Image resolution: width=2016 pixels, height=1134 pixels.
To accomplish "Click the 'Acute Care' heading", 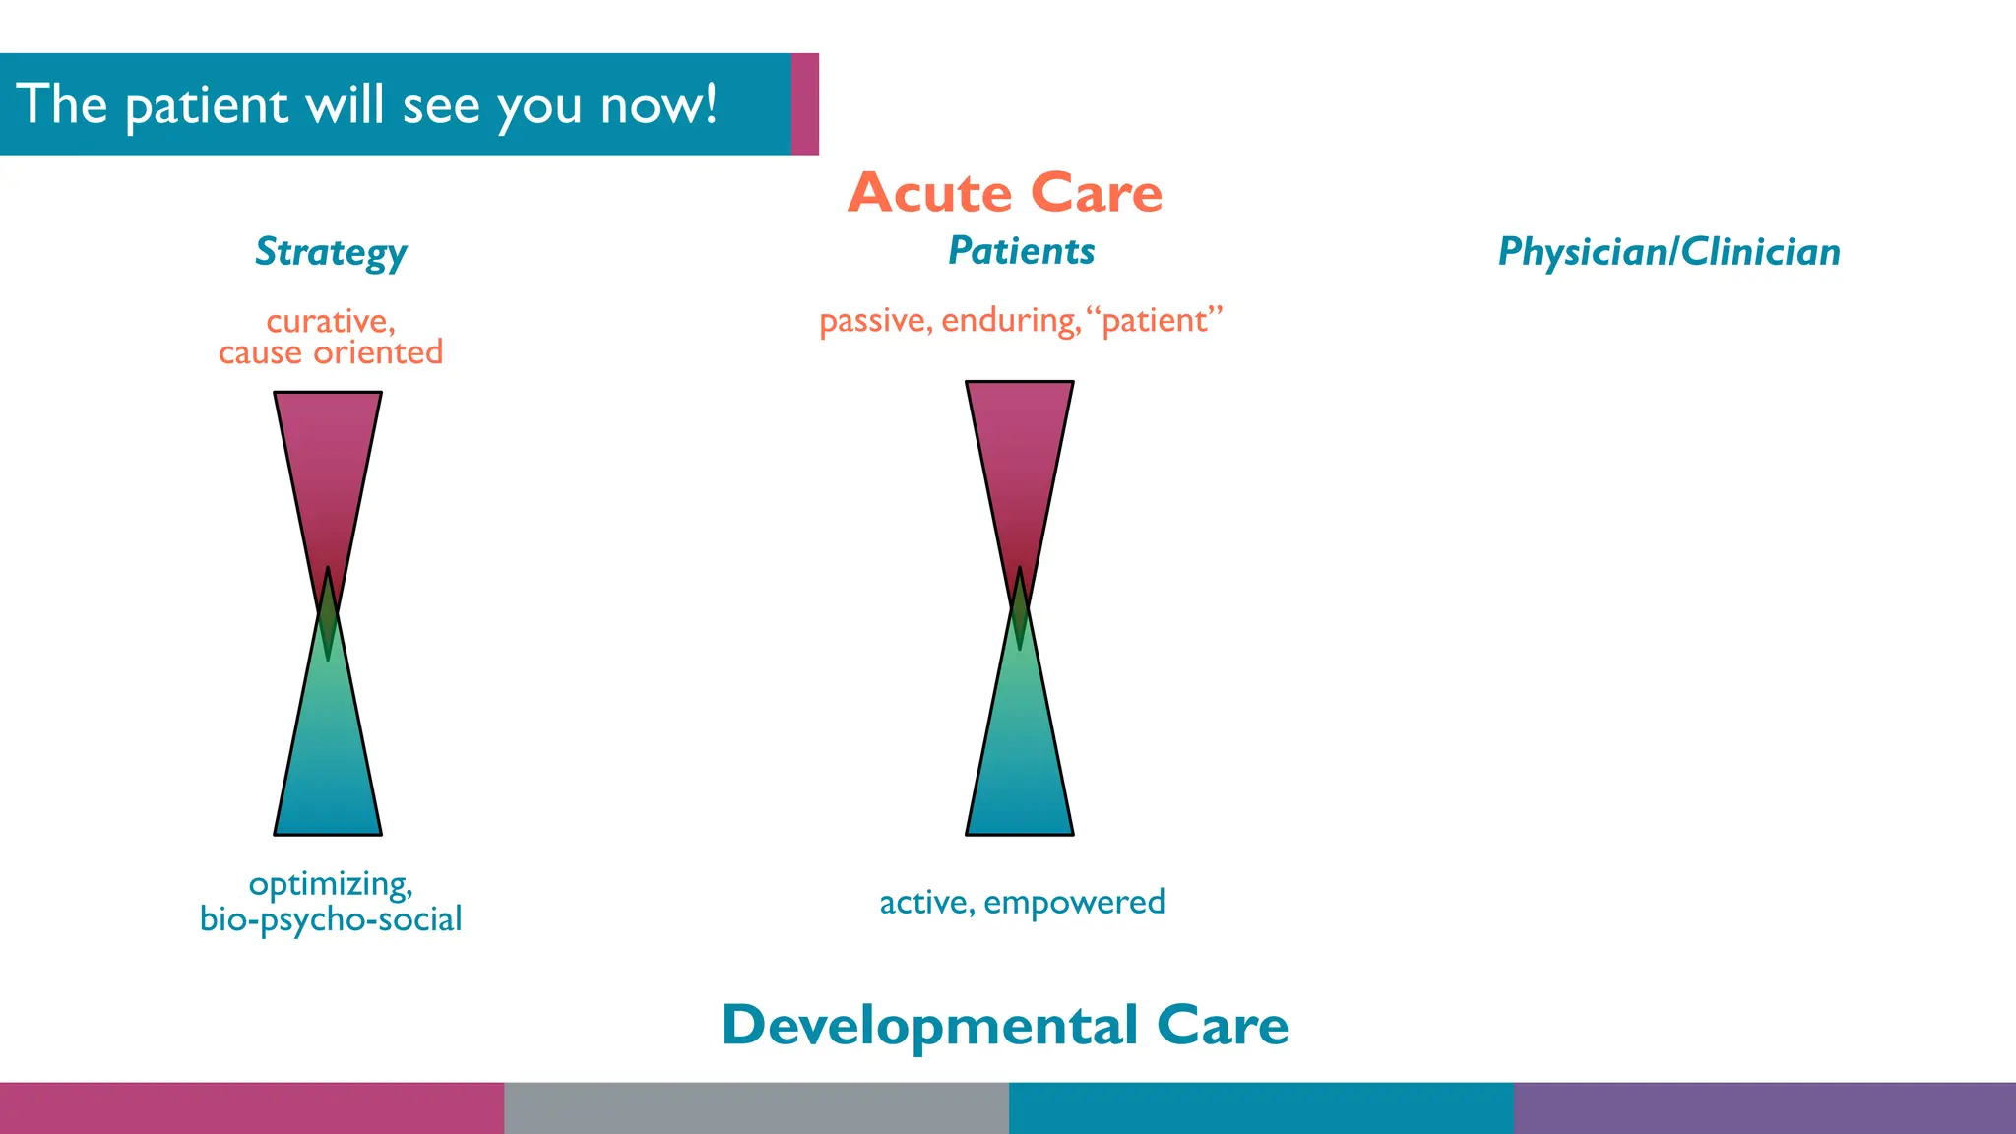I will point(1004,193).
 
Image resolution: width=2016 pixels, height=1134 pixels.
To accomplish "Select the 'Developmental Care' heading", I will point(1004,1026).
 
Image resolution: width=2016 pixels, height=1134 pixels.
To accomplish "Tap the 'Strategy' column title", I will point(331,253).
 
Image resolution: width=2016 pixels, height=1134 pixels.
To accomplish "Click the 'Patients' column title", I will point(1021,251).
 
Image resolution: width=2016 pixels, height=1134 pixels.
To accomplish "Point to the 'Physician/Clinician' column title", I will point(1669,253).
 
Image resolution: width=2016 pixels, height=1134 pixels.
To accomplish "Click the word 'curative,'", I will point(331,321).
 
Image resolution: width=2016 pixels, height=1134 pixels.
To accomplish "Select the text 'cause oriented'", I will point(331,352).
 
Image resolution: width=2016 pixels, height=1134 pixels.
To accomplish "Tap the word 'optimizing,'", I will point(331,884).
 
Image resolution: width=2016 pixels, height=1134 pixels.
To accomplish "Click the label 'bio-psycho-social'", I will point(331,919).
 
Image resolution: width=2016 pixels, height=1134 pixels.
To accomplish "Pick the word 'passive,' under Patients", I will point(875,321).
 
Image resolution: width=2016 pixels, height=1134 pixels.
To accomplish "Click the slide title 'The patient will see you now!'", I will point(366,104).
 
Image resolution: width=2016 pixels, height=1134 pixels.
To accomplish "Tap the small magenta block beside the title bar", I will point(805,104).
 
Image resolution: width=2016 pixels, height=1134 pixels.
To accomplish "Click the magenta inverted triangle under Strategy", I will point(328,453).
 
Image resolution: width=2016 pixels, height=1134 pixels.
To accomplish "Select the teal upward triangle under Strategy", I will point(328,768).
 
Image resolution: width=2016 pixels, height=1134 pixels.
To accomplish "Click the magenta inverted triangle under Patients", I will point(1020,443).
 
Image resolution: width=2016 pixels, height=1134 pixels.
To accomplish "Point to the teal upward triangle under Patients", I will point(1020,768).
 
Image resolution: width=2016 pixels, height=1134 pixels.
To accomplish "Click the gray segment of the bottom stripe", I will point(756,1108).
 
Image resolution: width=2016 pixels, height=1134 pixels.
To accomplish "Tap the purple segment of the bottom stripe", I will point(1764,1108).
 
